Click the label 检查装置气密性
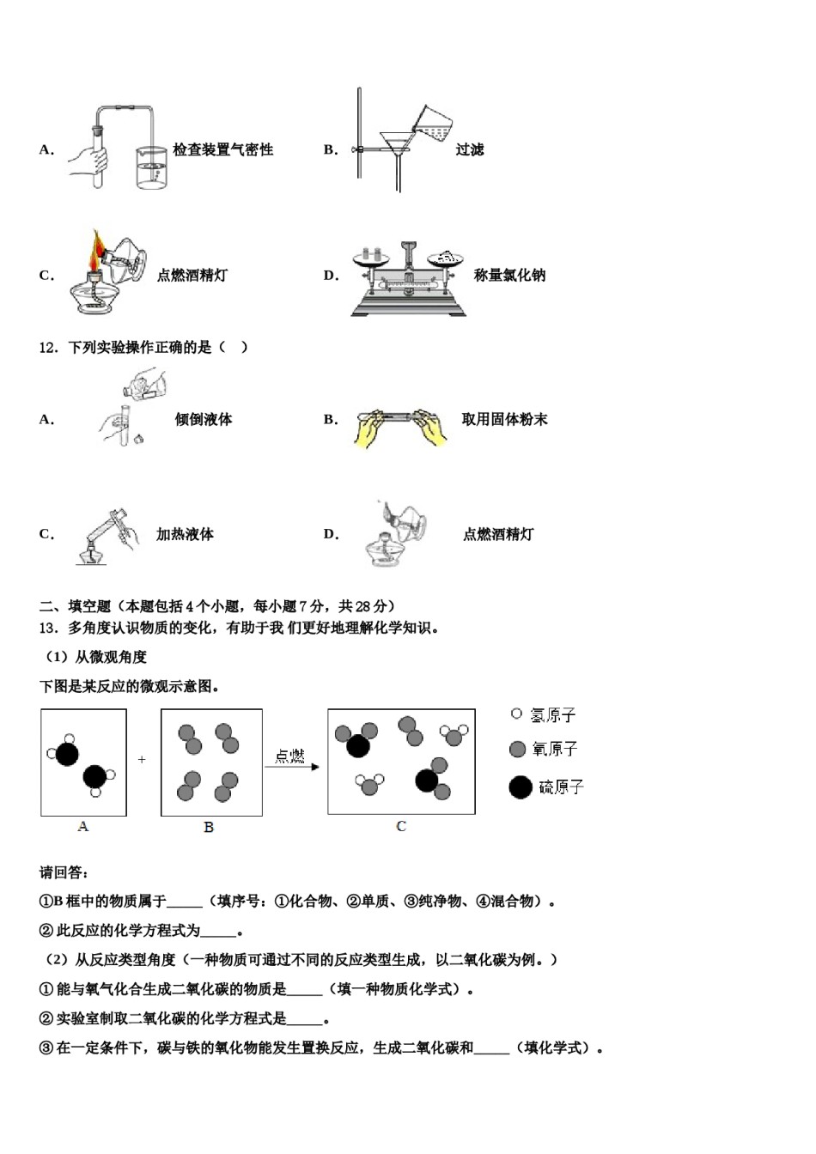tap(222, 149)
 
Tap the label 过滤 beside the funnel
tap(470, 149)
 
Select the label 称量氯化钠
tap(509, 276)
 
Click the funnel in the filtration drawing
tap(397, 143)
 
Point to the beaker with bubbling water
tap(151, 167)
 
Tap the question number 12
tap(48, 348)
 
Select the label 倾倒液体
tap(204, 420)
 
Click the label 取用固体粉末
tap(504, 420)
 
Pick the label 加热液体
tap(185, 534)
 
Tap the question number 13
tap(48, 628)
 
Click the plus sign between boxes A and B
tap(142, 760)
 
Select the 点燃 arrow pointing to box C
tap(291, 762)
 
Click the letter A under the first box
tap(82, 826)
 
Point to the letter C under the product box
tap(400, 826)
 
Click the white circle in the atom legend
tap(516, 714)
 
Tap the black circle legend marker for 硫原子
tap(521, 787)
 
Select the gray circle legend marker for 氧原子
tap(517, 749)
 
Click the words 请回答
tap(64, 872)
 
